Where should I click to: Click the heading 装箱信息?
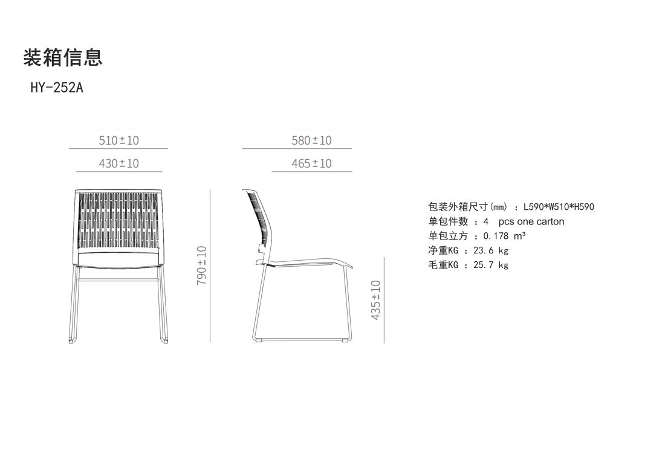(63, 57)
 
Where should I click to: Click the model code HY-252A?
(57, 88)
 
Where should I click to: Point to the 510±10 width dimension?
(118, 140)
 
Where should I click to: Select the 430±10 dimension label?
(118, 163)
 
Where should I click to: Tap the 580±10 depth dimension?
(311, 140)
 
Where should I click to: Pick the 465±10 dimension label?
(311, 163)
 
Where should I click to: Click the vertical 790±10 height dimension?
(202, 265)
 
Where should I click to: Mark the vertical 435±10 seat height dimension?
(376, 300)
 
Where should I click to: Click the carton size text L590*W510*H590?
(559, 207)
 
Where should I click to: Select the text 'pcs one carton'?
(531, 221)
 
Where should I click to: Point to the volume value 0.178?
(496, 236)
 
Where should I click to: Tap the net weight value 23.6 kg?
(490, 250)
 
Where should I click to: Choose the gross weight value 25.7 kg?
(490, 265)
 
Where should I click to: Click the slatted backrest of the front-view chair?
(118, 221)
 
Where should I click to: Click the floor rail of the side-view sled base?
(302, 339)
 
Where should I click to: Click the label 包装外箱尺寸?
(457, 207)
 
